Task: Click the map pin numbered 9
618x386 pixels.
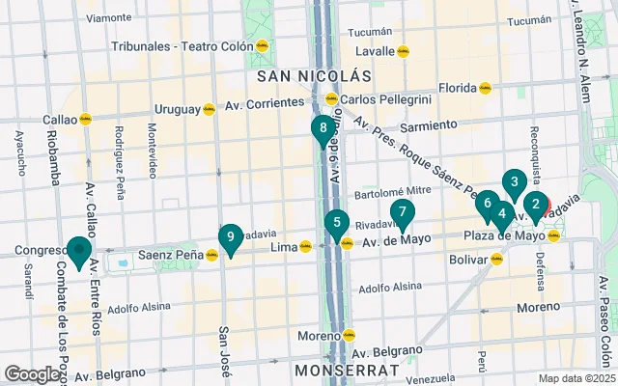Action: point(230,237)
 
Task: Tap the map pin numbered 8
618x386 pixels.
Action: point(323,127)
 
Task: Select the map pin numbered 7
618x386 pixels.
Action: point(402,212)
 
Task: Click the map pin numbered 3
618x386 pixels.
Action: point(515,181)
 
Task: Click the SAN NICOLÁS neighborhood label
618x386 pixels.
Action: point(313,74)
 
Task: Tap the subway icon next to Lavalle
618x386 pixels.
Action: point(404,51)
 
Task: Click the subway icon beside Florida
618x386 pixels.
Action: point(486,88)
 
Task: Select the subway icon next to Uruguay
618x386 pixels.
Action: point(209,109)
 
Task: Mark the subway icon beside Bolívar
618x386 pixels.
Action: point(497,259)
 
